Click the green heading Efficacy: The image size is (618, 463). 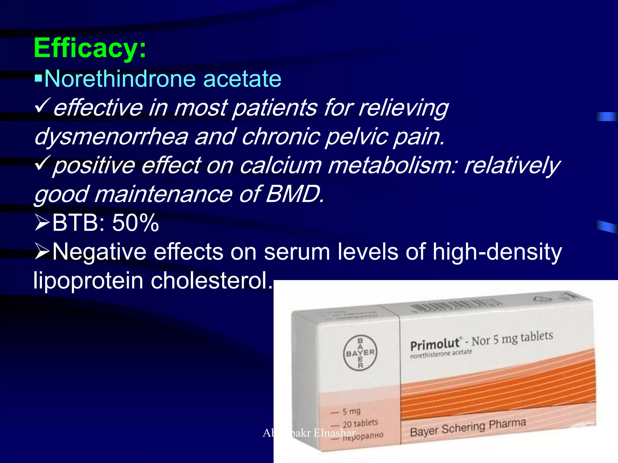tap(90, 48)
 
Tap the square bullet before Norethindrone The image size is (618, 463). tap(38, 79)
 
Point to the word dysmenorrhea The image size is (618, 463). tap(111, 137)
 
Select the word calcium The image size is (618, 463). tap(280, 165)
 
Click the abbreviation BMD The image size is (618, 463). tap(295, 194)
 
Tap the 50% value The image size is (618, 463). tap(135, 223)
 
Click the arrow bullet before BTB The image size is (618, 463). tap(42, 223)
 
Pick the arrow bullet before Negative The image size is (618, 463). tap(42, 252)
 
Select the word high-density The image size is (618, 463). tap(497, 252)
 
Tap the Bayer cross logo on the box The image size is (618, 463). tap(360, 353)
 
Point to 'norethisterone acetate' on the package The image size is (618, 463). tap(441, 354)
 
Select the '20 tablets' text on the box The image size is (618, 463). tap(360, 424)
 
